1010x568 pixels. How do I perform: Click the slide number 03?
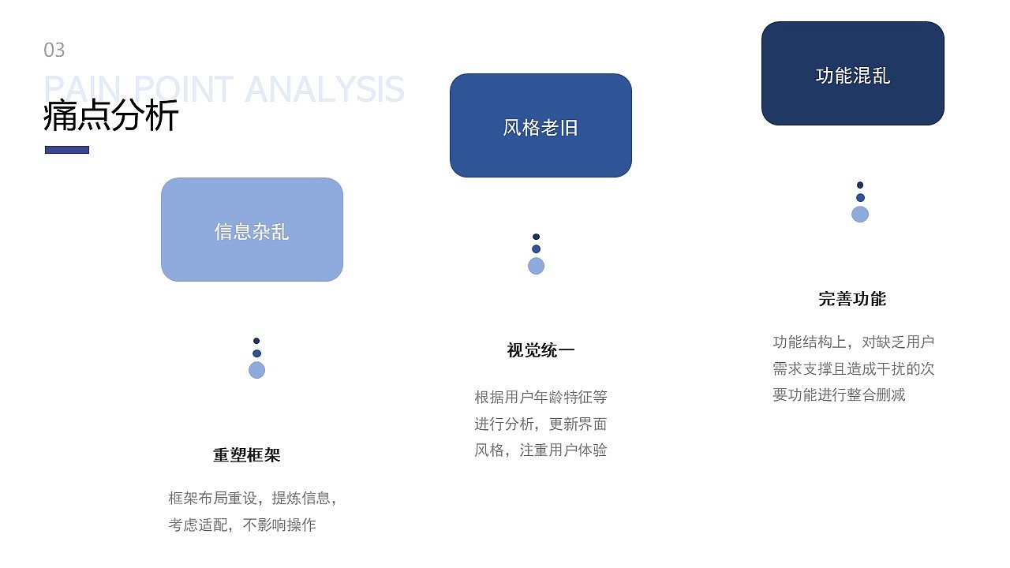tap(54, 50)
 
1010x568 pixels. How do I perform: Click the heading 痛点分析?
tap(111, 116)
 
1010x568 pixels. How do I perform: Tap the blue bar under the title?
tap(67, 150)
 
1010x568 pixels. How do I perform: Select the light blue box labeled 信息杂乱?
tap(252, 230)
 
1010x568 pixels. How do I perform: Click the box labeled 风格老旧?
tap(541, 125)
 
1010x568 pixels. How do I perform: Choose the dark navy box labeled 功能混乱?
tap(852, 73)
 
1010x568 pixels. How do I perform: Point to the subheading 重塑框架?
tap(247, 455)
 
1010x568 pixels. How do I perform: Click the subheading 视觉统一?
tap(541, 350)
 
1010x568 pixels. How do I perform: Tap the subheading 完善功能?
tap(852, 299)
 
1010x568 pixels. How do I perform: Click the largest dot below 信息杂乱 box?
tap(256, 370)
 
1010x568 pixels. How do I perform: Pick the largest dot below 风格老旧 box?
tap(536, 266)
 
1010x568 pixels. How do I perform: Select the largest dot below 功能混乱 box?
tap(860, 214)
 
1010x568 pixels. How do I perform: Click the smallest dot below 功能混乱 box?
tap(860, 185)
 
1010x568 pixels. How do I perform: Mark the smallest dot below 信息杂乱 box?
tap(256, 341)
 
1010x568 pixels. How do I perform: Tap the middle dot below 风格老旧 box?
tap(536, 249)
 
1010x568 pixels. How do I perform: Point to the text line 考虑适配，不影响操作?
tap(242, 525)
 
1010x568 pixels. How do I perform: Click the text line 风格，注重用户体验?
tap(541, 450)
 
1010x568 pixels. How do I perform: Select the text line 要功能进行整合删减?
tap(839, 395)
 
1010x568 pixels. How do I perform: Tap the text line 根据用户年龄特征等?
tap(541, 397)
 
